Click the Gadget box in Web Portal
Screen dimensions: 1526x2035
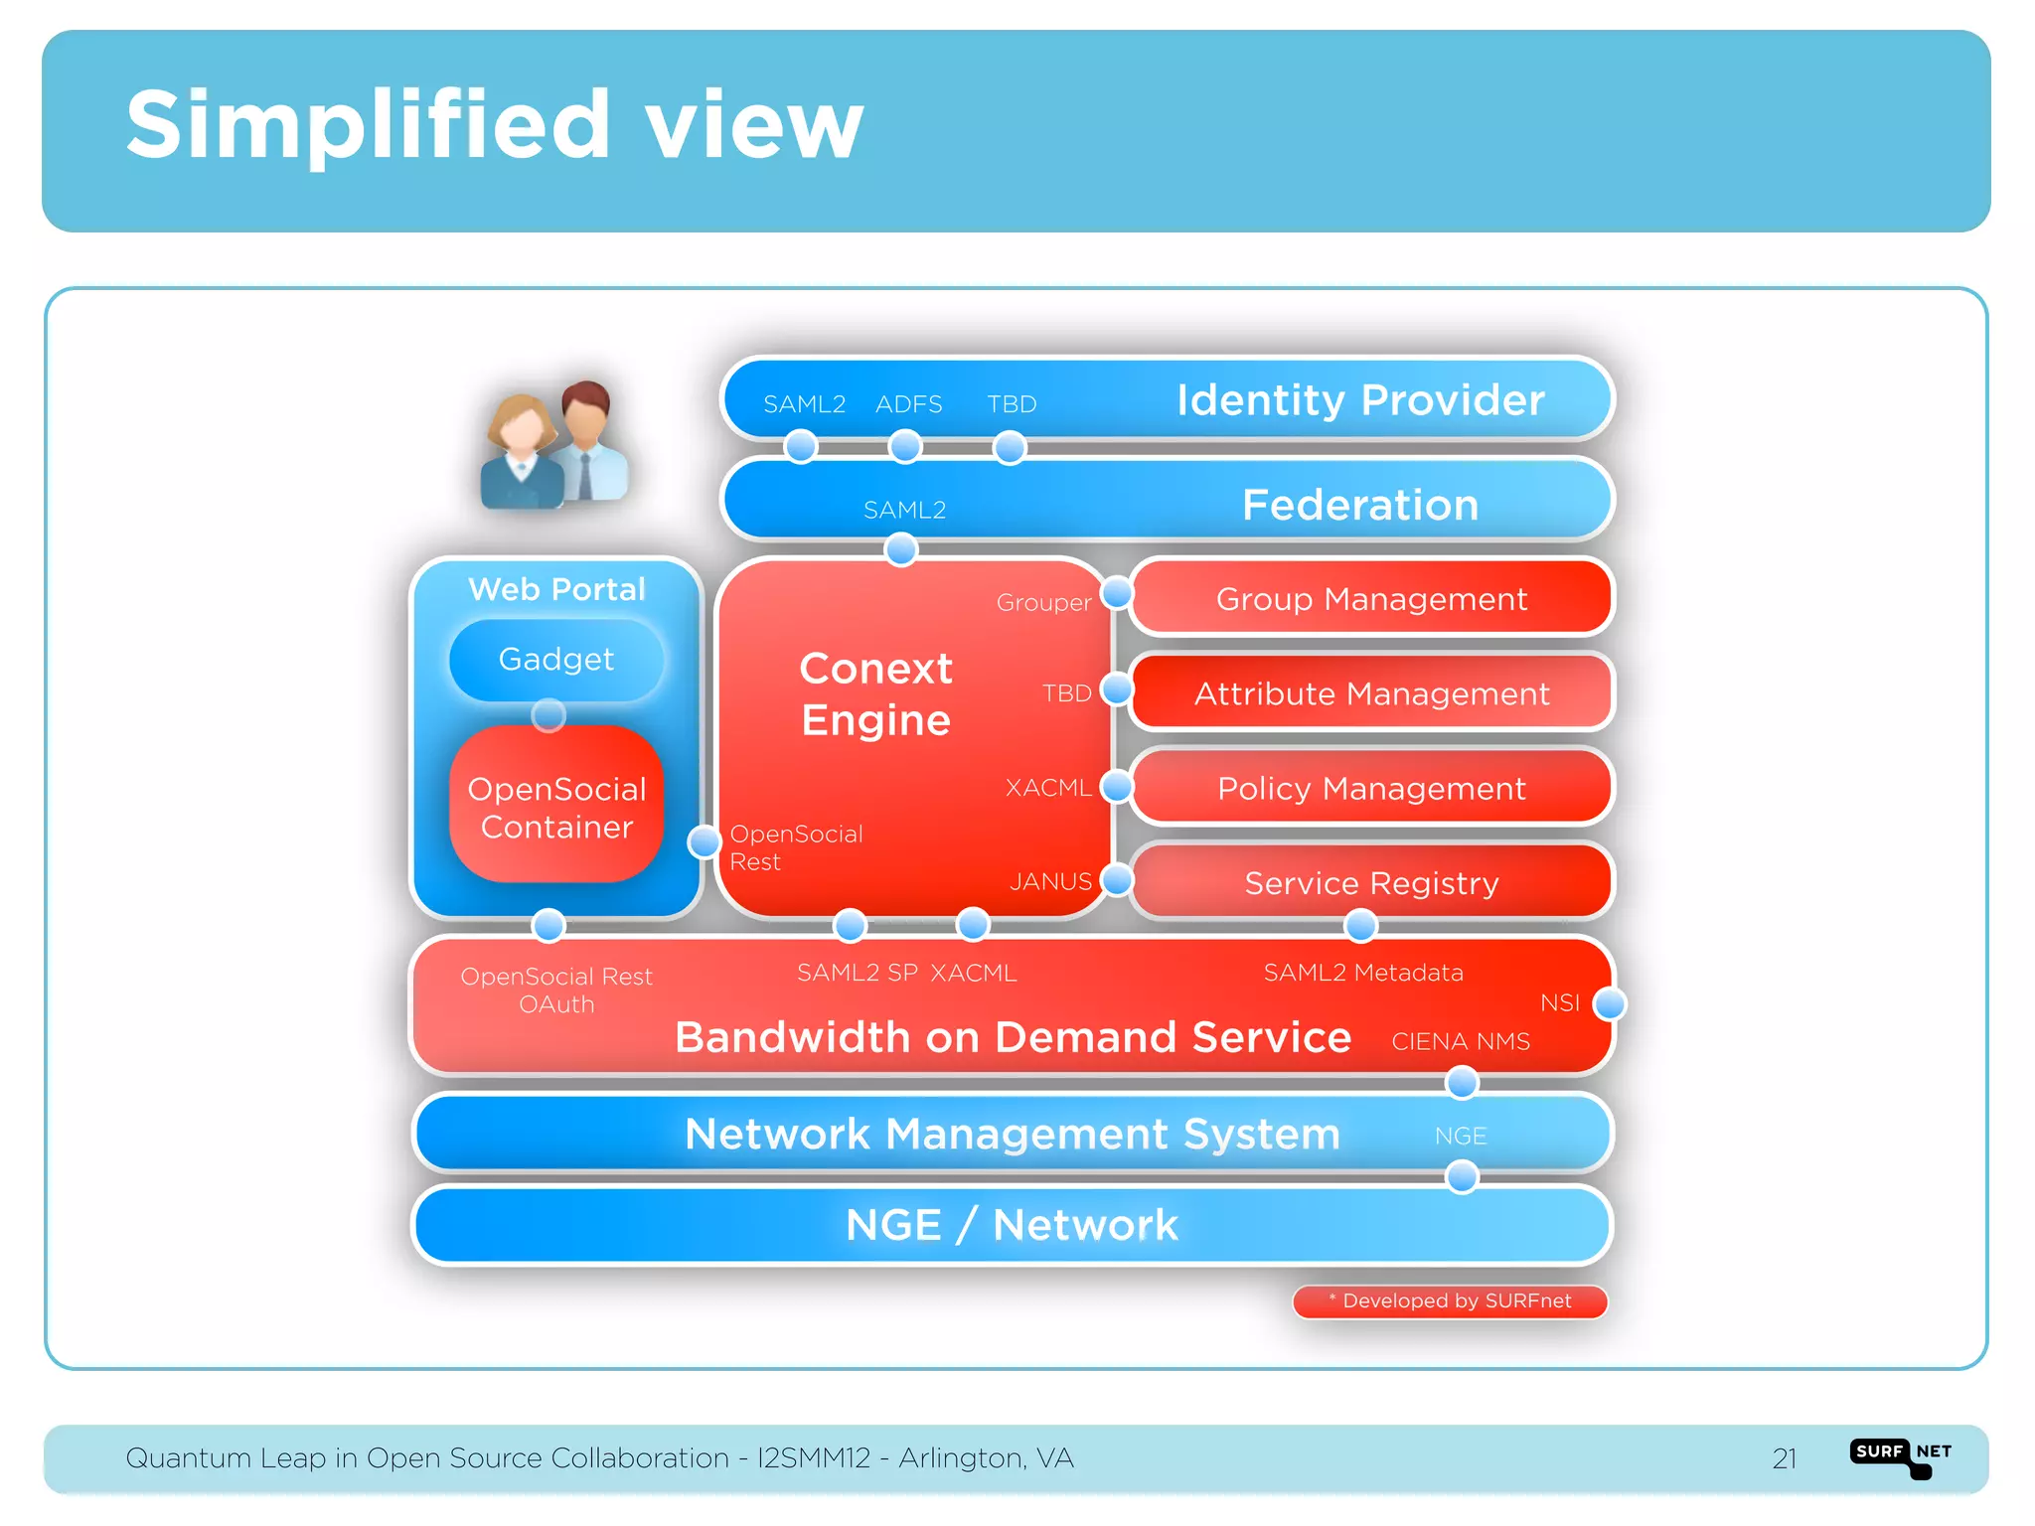pos(556,660)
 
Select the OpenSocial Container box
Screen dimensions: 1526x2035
pos(556,807)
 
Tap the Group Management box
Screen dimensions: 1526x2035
pos(1371,599)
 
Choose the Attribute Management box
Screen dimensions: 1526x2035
pos(1371,693)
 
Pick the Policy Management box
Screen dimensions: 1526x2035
pos(1371,788)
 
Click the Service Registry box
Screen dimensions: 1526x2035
pos(1371,882)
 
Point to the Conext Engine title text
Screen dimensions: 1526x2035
pos(875,693)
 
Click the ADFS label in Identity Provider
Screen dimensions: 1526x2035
pos(908,404)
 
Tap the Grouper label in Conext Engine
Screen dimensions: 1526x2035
pos(1043,603)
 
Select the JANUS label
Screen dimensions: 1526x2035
pos(1050,881)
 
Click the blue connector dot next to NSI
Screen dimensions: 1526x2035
pos(1609,1004)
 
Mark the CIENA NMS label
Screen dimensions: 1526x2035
pos(1460,1041)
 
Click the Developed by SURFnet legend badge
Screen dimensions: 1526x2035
pos(1450,1301)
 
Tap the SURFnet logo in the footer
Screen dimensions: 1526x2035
pos(1901,1456)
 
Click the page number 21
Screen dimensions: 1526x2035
pos(1784,1458)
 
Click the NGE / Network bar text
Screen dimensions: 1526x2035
pos(1012,1225)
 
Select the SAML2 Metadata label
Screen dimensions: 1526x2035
pos(1362,973)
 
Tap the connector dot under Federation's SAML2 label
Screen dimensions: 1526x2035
pos(901,549)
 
